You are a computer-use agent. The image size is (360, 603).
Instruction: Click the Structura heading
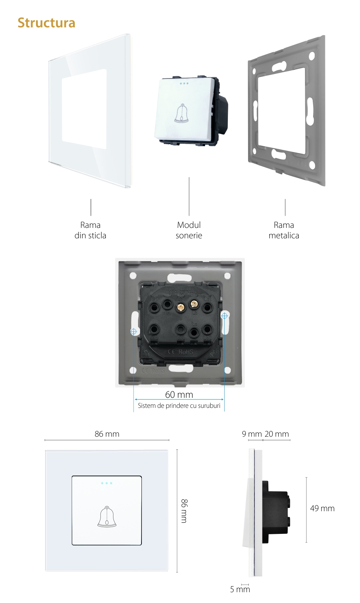coord(46,23)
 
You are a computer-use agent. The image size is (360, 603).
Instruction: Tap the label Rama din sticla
coord(90,230)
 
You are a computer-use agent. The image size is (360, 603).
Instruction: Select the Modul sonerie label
coord(189,230)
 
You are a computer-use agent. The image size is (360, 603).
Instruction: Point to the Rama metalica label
coord(284,230)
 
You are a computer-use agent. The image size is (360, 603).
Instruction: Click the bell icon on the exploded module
coord(181,113)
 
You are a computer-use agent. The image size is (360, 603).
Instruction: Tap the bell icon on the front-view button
coord(107,517)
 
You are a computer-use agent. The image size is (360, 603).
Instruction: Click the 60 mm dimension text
coord(179,395)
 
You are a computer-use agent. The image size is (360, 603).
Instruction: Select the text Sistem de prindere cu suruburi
coord(179,406)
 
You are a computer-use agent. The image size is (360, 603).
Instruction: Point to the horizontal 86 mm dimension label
coord(107,434)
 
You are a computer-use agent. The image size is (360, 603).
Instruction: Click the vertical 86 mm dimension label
coord(184,511)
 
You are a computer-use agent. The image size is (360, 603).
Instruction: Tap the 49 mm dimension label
coord(322,508)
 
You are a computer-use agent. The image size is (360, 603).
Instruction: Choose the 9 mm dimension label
coord(252,434)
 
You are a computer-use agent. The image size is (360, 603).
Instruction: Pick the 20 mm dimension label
coord(277,434)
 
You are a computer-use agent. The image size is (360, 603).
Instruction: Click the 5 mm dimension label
coord(240,589)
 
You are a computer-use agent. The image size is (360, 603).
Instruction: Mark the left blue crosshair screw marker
coord(134,331)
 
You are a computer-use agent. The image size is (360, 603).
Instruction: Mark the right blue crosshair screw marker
coord(224,316)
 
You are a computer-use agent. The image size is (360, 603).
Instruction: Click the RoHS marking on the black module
coord(186,352)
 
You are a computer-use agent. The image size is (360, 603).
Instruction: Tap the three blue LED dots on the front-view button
coord(107,483)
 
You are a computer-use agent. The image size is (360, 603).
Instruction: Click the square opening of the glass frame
coord(84,109)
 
